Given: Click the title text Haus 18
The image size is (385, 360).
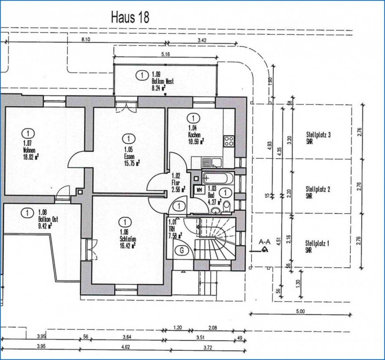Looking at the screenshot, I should click(x=130, y=18).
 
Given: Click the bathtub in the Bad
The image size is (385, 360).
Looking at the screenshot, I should click(x=216, y=179).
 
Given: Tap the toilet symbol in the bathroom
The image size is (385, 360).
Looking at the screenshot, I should click(x=226, y=206).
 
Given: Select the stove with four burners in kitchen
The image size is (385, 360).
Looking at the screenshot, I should click(x=229, y=141).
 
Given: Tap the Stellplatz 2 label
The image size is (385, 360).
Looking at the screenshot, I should click(x=318, y=192).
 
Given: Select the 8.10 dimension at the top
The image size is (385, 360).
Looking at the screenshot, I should click(x=87, y=39).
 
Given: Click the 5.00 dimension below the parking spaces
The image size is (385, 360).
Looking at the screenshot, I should click(x=300, y=311).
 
